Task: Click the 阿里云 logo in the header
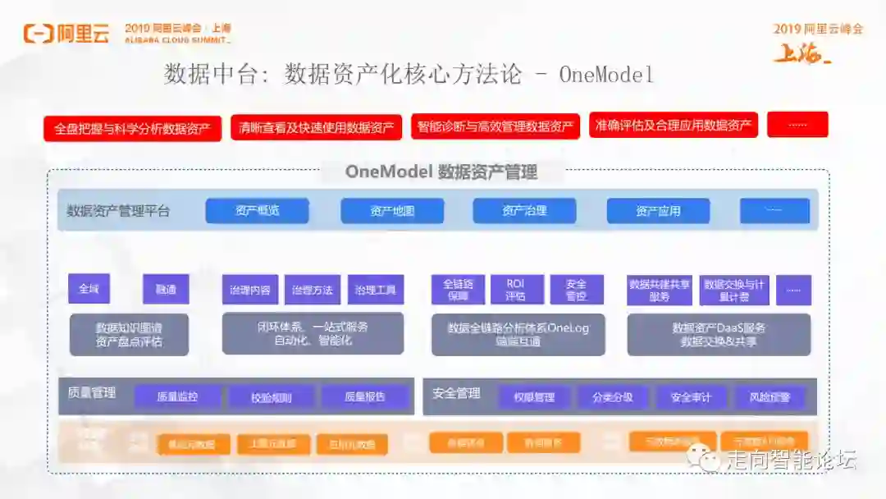tap(66, 34)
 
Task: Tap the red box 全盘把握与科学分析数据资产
tap(132, 129)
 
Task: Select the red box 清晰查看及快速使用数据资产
tap(316, 127)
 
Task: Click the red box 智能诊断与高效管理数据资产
tap(495, 126)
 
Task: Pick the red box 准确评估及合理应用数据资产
tap(673, 125)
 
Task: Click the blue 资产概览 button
tap(257, 211)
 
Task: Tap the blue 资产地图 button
tap(392, 211)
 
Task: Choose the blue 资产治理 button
tap(524, 211)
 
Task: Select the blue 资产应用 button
tap(658, 211)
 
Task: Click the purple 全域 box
tap(89, 289)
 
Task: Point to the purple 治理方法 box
tap(313, 290)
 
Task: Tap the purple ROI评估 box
tap(515, 290)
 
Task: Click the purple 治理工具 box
tap(376, 290)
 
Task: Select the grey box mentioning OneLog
tap(518, 334)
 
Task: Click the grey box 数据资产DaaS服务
tap(719, 334)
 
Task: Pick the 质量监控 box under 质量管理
tap(178, 397)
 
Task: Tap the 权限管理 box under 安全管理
tap(534, 398)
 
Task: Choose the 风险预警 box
tap(770, 398)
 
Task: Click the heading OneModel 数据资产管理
tap(441, 172)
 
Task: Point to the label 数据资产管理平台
tap(118, 211)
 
